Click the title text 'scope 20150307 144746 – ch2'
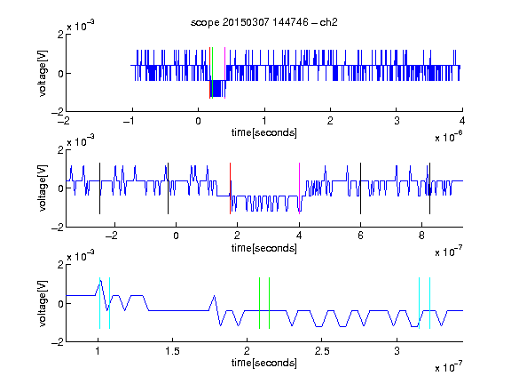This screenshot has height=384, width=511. click(264, 22)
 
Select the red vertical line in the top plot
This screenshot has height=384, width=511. click(209, 73)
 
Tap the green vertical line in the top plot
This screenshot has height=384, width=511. click(213, 73)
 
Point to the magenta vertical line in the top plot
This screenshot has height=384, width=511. click(224, 73)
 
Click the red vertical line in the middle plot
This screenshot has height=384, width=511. click(230, 188)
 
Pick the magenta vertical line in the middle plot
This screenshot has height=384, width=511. click(299, 188)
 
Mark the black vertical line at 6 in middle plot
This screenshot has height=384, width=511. click(360, 188)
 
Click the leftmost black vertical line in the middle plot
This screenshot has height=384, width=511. click(99, 188)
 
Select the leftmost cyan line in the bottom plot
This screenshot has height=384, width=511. click(99, 303)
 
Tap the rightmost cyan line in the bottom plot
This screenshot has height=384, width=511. click(430, 303)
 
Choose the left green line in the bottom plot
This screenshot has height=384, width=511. click(259, 303)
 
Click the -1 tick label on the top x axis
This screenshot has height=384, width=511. click(129, 121)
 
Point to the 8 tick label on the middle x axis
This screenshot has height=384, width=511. click(421, 236)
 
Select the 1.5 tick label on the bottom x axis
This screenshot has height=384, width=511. click(172, 351)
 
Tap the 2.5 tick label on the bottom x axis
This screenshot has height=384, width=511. click(322, 351)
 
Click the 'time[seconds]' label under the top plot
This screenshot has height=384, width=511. click(264, 133)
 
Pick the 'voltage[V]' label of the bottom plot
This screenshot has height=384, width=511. click(43, 303)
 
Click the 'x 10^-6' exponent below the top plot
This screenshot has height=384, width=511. click(449, 137)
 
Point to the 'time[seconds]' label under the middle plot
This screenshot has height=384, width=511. click(264, 249)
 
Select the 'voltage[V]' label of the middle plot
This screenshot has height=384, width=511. click(43, 188)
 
